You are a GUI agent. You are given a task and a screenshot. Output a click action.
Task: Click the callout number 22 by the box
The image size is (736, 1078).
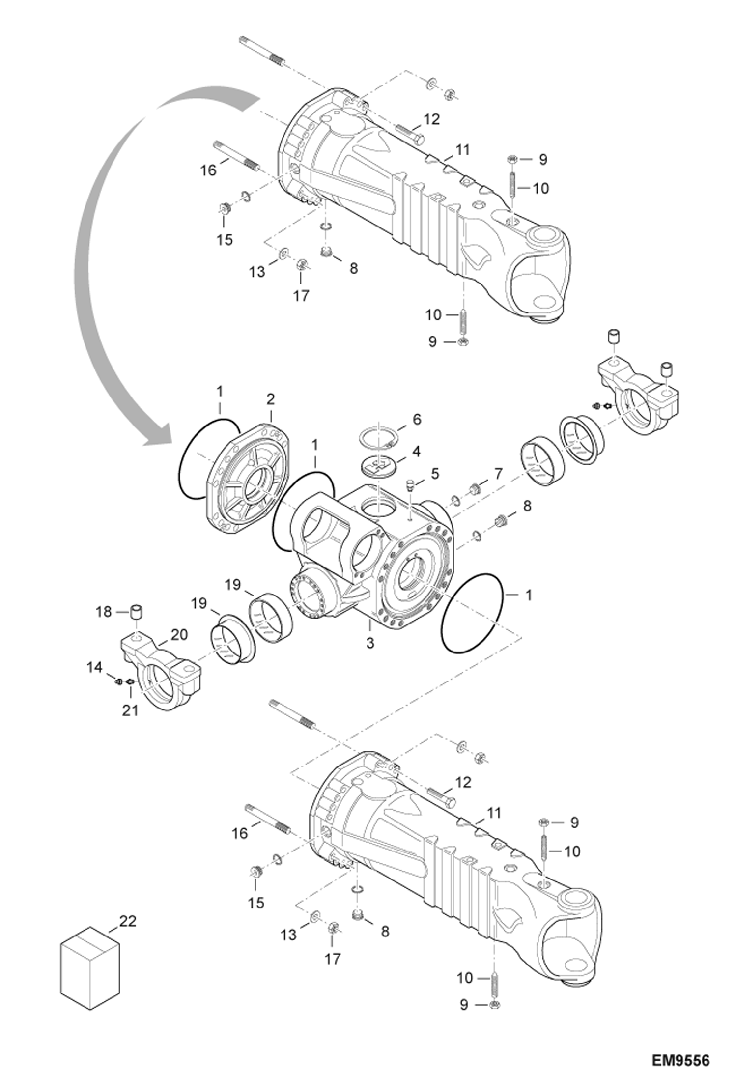point(127,921)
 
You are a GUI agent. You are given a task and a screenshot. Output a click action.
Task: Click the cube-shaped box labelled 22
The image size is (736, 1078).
point(90,967)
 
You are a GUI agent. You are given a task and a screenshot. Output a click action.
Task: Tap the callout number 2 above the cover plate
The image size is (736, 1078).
point(271,399)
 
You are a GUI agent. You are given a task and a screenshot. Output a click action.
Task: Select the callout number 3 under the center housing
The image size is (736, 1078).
point(370,642)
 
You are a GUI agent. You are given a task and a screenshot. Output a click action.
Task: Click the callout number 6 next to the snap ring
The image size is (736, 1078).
point(417,419)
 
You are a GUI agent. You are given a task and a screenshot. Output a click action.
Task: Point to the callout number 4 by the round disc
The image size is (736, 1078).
point(416,451)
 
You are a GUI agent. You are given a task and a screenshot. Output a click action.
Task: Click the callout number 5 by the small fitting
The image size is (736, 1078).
point(435,474)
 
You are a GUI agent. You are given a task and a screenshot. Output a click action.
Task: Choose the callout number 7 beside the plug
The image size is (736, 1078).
point(498,474)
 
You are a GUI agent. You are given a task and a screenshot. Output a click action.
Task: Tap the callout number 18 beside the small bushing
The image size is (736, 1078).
point(104,612)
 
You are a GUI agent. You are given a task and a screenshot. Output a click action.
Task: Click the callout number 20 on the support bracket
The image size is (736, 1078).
point(179,635)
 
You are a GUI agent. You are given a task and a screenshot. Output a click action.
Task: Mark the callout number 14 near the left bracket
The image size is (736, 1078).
point(95,667)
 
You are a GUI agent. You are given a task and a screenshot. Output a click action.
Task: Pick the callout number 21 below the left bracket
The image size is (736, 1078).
point(130,710)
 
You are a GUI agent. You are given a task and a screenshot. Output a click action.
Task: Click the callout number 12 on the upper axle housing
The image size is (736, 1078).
point(431,119)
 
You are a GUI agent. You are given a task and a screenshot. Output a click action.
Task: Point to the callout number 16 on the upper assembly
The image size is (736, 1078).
point(208,170)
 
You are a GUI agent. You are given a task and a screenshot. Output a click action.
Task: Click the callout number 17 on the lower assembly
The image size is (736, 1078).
point(332,958)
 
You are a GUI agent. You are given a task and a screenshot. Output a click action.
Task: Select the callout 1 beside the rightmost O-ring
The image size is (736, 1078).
point(529,595)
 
